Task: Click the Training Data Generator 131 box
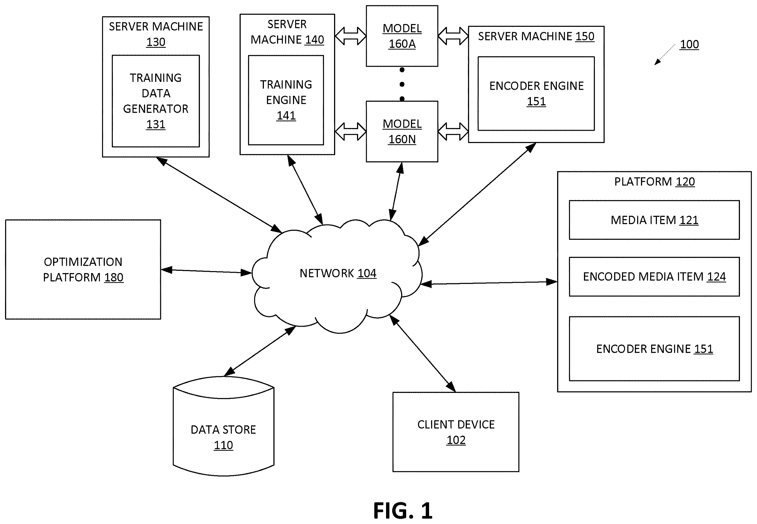pyautogui.click(x=156, y=101)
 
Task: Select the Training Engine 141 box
pyautogui.click(x=286, y=100)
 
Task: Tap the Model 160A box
pyautogui.click(x=402, y=36)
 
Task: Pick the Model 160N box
pyautogui.click(x=402, y=131)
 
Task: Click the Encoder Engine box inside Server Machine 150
pyautogui.click(x=536, y=94)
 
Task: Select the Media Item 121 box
pyautogui.click(x=654, y=220)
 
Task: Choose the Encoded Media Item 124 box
pyautogui.click(x=654, y=277)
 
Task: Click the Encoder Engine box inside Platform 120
pyautogui.click(x=654, y=349)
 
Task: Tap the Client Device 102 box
pyautogui.click(x=456, y=432)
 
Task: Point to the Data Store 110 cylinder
pyautogui.click(x=224, y=426)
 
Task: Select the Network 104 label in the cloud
pyautogui.click(x=338, y=273)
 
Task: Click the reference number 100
pyautogui.click(x=689, y=44)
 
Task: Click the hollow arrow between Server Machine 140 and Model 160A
pyautogui.click(x=351, y=36)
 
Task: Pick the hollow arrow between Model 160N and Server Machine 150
pyautogui.click(x=453, y=131)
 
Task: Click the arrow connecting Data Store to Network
pyautogui.click(x=260, y=351)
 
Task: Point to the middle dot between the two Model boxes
pyautogui.click(x=402, y=84)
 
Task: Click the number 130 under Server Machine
pyautogui.click(x=156, y=42)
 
